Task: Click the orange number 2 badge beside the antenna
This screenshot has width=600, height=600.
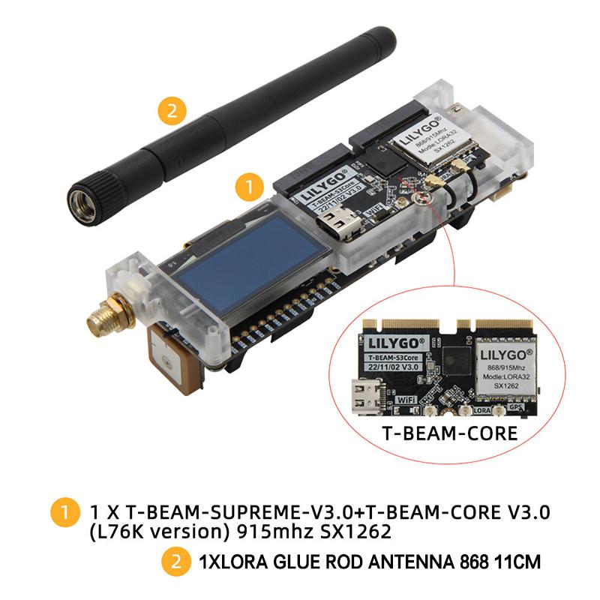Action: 172,112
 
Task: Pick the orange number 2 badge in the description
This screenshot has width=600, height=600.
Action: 176,560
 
